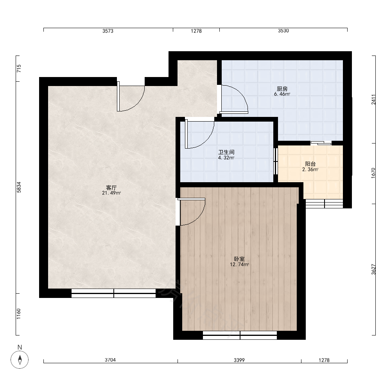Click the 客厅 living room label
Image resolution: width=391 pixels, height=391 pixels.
click(111, 188)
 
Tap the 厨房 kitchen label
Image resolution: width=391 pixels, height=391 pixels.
click(282, 89)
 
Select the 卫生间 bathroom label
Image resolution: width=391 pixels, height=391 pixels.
click(226, 152)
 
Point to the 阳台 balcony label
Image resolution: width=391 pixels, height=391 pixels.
click(310, 164)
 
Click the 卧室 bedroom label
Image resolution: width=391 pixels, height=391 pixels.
click(239, 259)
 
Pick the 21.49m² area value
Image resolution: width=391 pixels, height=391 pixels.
click(111, 193)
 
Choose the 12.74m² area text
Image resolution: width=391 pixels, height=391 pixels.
click(239, 265)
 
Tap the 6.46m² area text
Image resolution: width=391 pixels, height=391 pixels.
click(282, 94)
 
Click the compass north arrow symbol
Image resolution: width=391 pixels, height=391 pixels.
click(20, 360)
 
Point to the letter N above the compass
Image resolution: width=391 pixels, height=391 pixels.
click(20, 347)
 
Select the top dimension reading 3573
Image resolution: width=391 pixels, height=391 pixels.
click(108, 31)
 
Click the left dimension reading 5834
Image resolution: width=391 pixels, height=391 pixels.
click(19, 187)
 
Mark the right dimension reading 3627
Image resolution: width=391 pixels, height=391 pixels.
click(373, 269)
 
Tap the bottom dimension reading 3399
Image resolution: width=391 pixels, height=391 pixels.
click(239, 360)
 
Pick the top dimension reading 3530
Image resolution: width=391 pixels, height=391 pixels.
click(283, 31)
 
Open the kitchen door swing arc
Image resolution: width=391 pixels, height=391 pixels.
click(241, 94)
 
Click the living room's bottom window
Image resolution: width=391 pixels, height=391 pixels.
click(114, 293)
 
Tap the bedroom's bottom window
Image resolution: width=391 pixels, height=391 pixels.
click(240, 335)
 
